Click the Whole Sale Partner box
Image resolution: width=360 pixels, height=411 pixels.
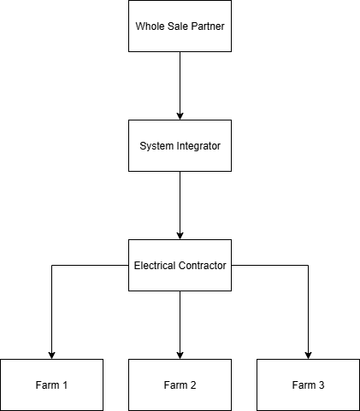pos(180,26)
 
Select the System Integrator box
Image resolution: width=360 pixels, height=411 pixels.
pos(180,145)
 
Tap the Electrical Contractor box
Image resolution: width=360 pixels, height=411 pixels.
pos(180,265)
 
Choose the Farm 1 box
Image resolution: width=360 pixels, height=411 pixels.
pos(51,385)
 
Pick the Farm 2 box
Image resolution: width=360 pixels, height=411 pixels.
pos(180,385)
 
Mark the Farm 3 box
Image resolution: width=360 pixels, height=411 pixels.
pos(308,385)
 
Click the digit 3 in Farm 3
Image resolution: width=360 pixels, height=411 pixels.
pos(322,385)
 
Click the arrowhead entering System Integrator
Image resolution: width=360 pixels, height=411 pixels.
pos(180,114)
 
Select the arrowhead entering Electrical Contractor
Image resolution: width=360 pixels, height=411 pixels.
pos(180,234)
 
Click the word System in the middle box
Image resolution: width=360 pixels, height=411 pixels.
pos(156,145)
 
